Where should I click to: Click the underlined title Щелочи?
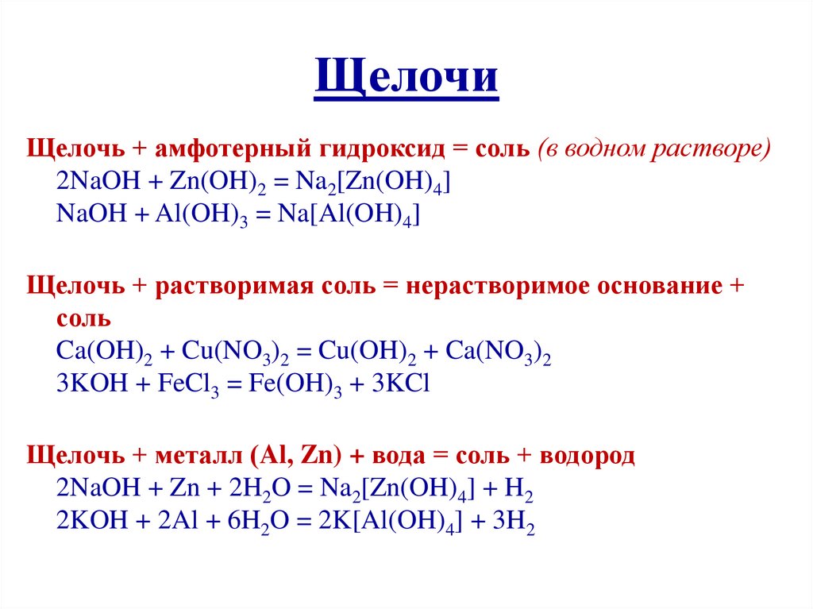[406, 78]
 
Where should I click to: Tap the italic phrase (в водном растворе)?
[653, 149]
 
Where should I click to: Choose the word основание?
[649, 285]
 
